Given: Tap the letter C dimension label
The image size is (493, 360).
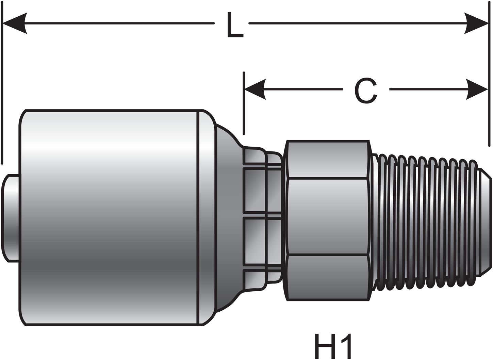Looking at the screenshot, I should pos(366,90).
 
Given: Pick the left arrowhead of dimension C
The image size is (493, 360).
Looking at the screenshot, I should pos(255,90).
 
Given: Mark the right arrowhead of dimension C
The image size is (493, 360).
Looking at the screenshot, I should pos(476,90).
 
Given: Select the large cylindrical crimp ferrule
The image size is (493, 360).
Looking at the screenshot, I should pos(109,218).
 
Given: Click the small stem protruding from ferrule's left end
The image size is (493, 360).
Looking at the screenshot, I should pos(10,218).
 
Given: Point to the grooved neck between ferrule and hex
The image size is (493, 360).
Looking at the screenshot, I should pos(262,218).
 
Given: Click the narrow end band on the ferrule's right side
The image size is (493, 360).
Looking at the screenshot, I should pos(206,218).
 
